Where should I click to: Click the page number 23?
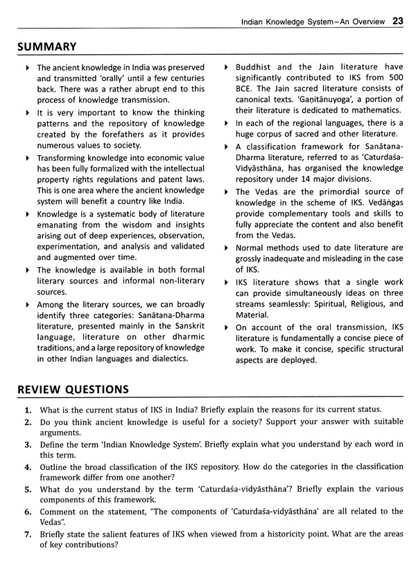point(397,21)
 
